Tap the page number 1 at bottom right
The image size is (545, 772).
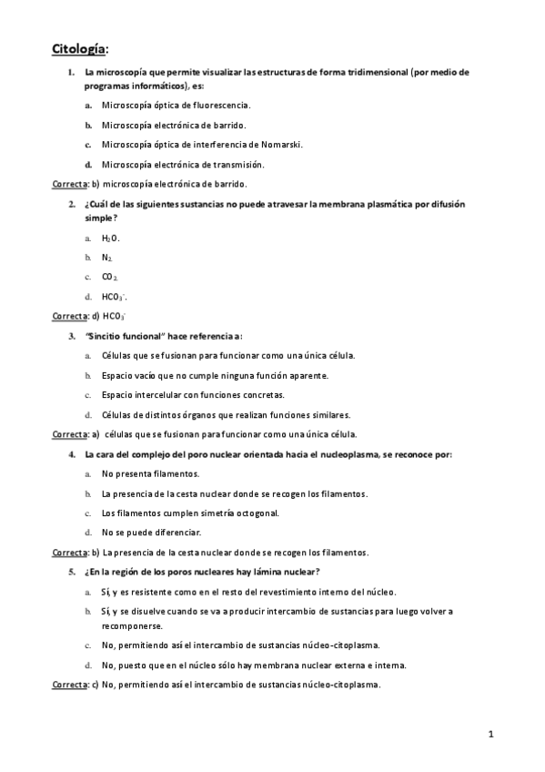pyautogui.click(x=490, y=733)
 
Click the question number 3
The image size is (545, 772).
pyautogui.click(x=71, y=336)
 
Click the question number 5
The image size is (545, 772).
pyautogui.click(x=71, y=572)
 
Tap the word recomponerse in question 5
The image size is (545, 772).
pyautogui.click(x=132, y=626)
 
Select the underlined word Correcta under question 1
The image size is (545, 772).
pyautogui.click(x=68, y=183)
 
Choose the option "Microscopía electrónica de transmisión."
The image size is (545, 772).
pyautogui.click(x=183, y=164)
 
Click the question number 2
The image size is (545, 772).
pyautogui.click(x=71, y=205)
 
